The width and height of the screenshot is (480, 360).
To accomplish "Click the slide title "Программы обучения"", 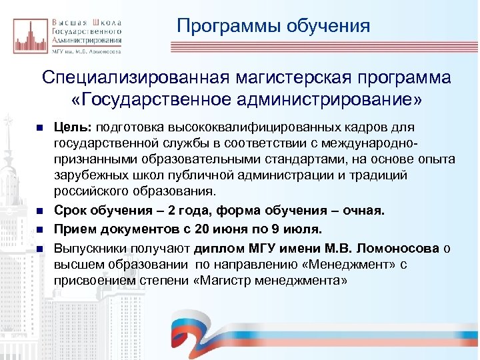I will point(273,26).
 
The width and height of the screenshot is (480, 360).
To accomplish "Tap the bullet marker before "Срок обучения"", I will point(40,212).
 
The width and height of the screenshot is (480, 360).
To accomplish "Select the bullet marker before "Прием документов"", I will point(40,230).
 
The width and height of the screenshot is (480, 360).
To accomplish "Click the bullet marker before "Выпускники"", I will point(40,248).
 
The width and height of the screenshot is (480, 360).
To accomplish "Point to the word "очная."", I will point(364,211).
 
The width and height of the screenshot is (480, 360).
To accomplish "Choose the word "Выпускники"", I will point(86,247).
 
